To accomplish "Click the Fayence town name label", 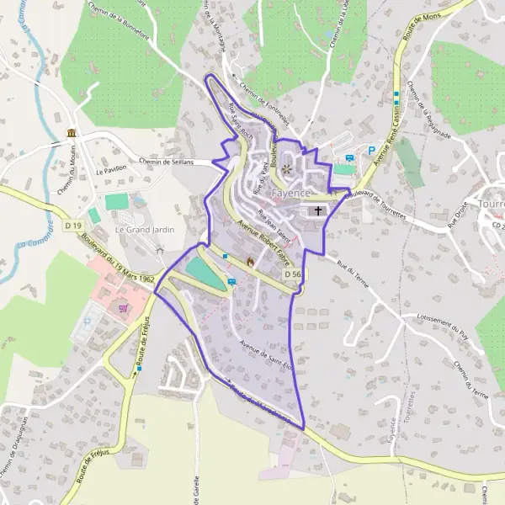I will [290, 192].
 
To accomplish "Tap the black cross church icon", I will [318, 210].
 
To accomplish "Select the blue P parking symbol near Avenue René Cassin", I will [370, 151].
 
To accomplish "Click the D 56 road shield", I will [292, 274].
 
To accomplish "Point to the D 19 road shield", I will [73, 226].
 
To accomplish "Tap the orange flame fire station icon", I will [249, 263].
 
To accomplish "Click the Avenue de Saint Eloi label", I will [265, 355].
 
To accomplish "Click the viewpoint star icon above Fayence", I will [286, 169].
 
